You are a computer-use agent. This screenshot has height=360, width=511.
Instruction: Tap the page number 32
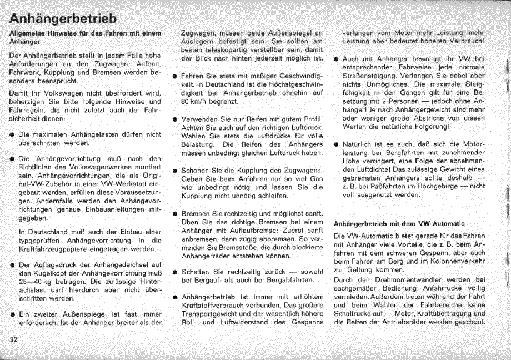click(x=14, y=339)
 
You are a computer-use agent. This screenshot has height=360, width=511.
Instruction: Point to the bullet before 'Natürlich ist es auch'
click(x=335, y=144)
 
